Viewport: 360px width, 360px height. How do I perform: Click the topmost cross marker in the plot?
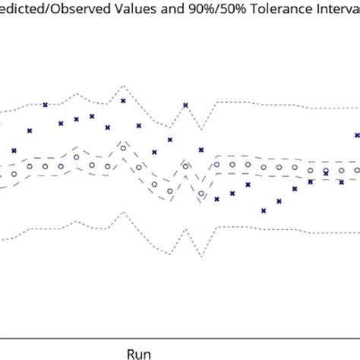click(123, 100)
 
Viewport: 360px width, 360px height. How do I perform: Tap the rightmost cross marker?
click(357, 135)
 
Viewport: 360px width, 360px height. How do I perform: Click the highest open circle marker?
click(123, 148)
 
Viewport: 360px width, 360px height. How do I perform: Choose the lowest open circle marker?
click(201, 193)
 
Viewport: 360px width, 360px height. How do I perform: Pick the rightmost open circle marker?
click(357, 170)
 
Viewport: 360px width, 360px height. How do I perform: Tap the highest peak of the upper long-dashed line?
click(123, 140)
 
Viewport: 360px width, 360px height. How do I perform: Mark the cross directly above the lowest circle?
click(201, 150)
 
